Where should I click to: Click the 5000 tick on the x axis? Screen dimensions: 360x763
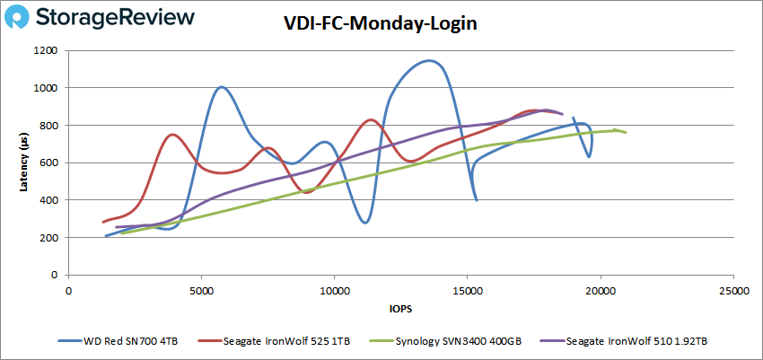pos(202,291)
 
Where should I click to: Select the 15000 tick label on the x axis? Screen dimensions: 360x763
pos(468,291)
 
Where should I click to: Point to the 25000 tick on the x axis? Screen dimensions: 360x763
pos(733,291)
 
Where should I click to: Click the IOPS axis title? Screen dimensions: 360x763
pos(401,310)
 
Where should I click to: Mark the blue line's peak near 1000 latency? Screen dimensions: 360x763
pos(221,87)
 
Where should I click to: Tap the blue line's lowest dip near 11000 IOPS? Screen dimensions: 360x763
pos(364,222)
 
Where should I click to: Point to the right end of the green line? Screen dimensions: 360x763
pos(626,133)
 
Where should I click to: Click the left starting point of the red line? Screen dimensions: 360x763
pos(103,222)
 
